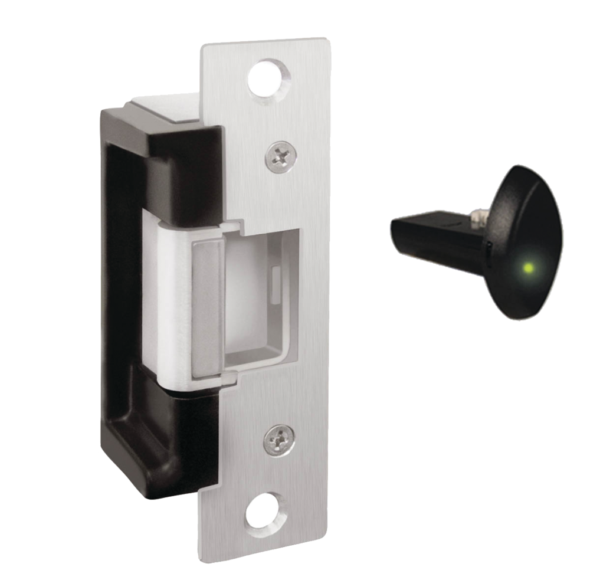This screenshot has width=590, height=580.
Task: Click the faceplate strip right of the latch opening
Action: click(x=310, y=295)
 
